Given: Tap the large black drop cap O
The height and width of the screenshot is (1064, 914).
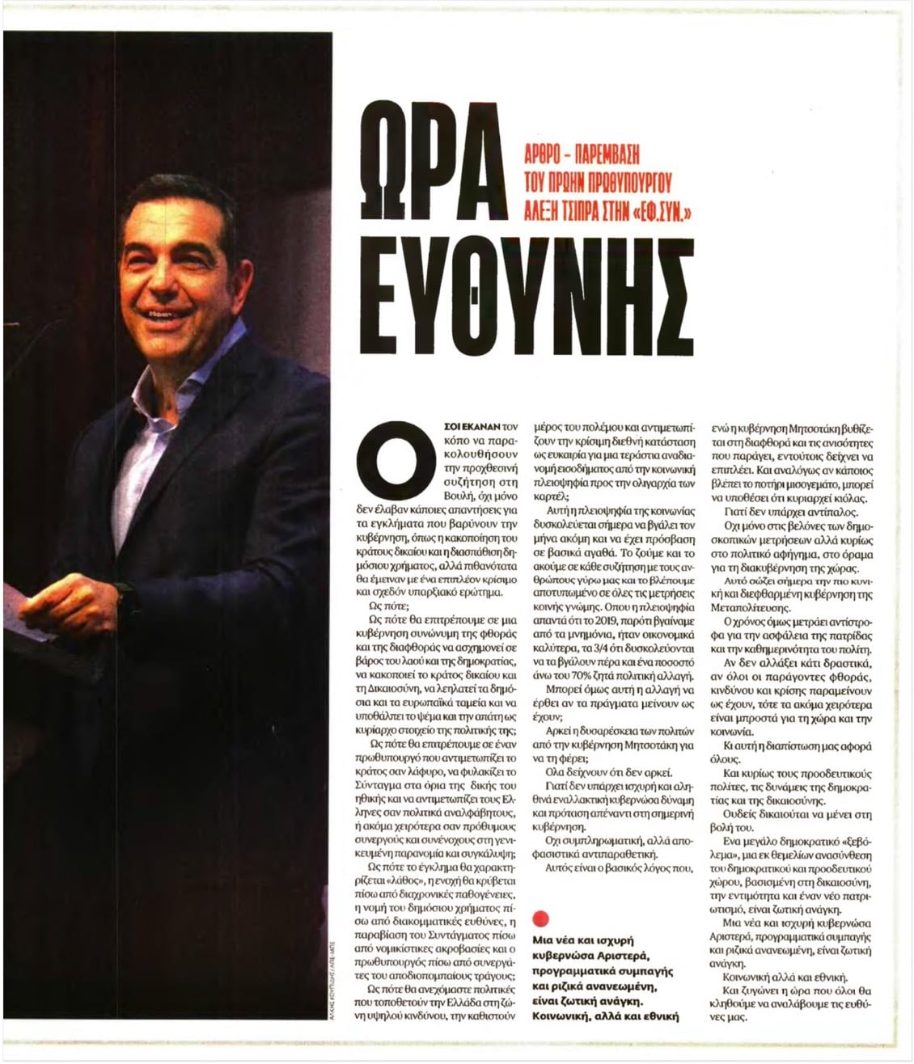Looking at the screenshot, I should (x=387, y=466).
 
